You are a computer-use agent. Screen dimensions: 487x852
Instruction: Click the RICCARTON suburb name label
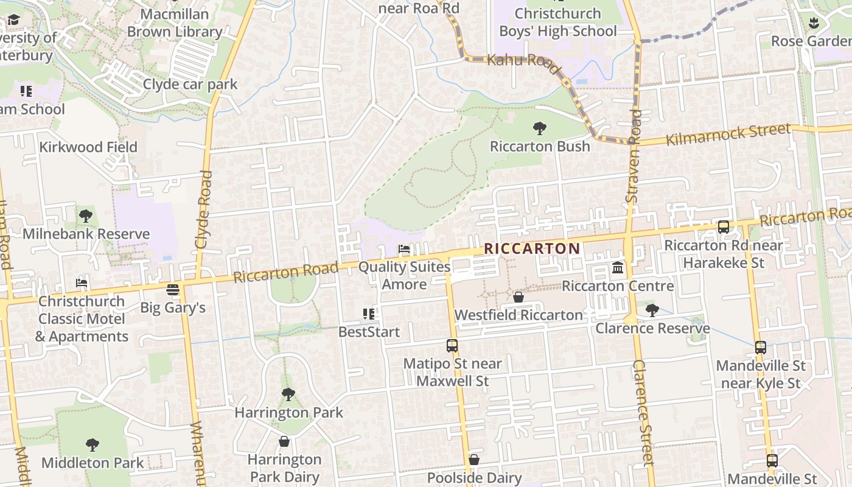[x=532, y=248]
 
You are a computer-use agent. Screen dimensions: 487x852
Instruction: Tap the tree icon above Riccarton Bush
[x=539, y=128]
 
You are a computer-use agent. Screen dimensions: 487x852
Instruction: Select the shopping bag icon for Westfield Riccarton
[x=519, y=297]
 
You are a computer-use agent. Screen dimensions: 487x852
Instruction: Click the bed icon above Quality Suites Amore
[x=403, y=249]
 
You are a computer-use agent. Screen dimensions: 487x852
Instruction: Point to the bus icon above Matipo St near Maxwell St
[x=452, y=346]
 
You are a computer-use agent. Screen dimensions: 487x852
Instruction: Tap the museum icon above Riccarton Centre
[x=618, y=268]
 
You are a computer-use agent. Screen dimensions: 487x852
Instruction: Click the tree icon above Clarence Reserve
[x=652, y=310]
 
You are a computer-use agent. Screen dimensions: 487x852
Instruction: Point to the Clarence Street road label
[x=643, y=413]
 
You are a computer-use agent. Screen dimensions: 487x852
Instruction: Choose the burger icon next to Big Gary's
[x=173, y=289]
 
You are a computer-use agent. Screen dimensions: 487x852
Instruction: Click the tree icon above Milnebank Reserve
[x=86, y=215]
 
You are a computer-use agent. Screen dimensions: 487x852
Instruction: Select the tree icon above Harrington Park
[x=288, y=394]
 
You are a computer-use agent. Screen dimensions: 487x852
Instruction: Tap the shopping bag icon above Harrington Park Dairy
[x=284, y=441]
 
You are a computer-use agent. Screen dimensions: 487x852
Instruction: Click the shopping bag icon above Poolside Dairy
[x=474, y=460]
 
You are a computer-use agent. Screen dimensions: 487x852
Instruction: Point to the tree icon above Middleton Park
[x=93, y=445]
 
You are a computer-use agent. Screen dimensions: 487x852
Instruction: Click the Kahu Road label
[x=523, y=63]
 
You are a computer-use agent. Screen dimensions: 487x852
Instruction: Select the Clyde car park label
[x=190, y=84]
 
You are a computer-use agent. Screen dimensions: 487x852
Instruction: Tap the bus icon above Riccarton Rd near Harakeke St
[x=724, y=227]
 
